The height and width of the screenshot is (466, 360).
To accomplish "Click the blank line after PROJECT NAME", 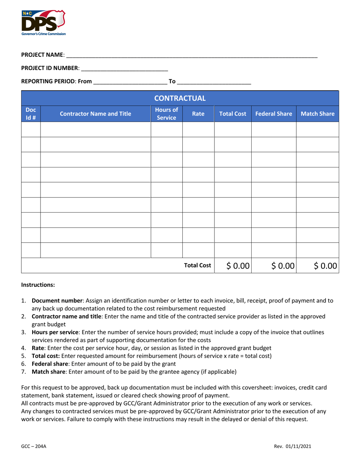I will (x=191, y=55).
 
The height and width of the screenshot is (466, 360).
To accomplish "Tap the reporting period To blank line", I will (x=214, y=81).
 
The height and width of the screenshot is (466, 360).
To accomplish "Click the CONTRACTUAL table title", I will (x=180, y=99).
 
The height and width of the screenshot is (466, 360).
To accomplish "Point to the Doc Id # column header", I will (x=31, y=113).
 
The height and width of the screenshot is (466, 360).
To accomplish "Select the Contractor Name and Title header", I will (x=95, y=113).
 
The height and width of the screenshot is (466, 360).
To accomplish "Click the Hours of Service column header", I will (x=167, y=113).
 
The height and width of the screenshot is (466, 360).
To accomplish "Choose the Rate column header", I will (x=198, y=113).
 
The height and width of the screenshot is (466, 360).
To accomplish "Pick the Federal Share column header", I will (x=274, y=113).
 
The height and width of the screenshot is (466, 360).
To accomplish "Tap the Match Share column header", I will (x=317, y=113).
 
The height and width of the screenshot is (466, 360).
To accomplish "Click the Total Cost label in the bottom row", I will (x=197, y=266).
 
